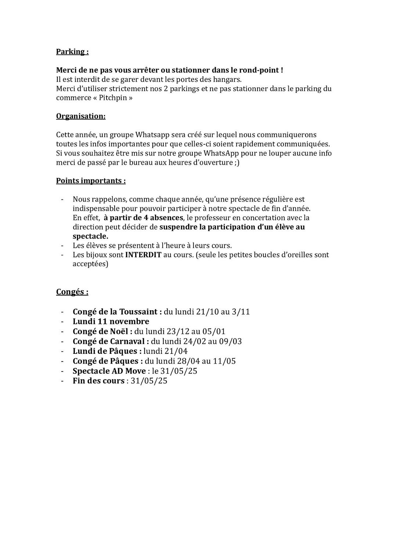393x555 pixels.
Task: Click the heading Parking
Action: pos(72,51)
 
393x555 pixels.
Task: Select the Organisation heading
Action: pos(80,116)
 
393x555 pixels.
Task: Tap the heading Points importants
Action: pos(91,181)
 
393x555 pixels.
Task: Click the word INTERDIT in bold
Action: pos(143,255)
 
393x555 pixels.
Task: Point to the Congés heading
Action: pos(72,292)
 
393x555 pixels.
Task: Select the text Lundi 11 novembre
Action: pos(111,322)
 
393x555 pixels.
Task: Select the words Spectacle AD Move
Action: pos(109,371)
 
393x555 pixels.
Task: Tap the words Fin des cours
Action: pos(98,381)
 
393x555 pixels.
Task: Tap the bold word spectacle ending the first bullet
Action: pos(90,236)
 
